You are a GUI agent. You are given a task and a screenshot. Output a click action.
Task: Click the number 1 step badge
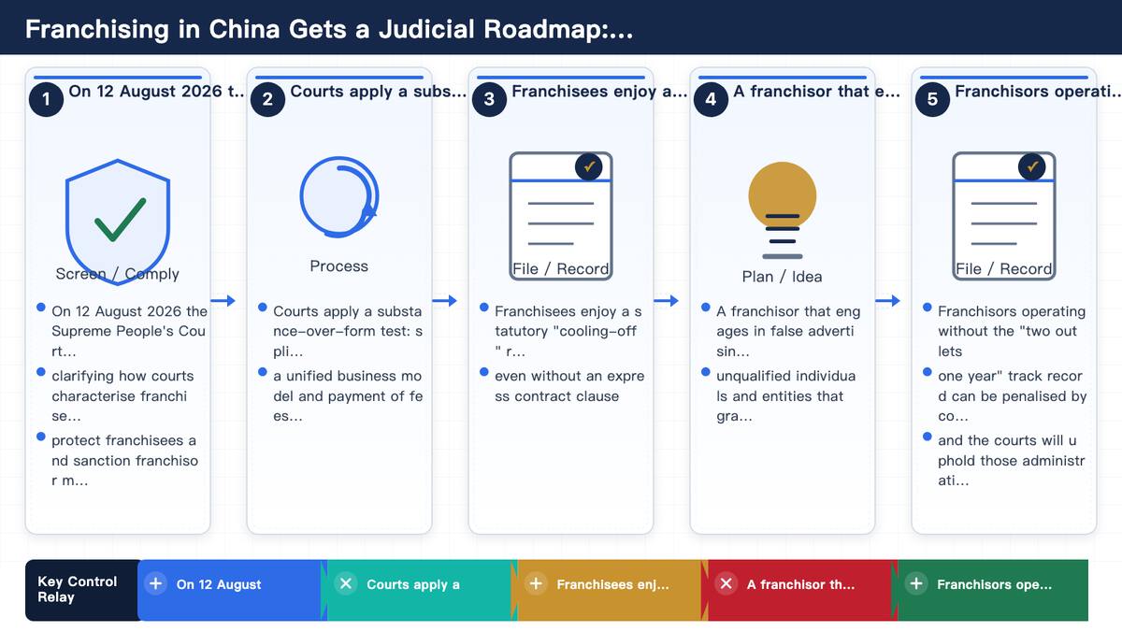click(x=46, y=99)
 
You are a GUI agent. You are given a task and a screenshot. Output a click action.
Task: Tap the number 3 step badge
click(x=489, y=99)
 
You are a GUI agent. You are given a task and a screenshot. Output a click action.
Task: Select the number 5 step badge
click(x=932, y=99)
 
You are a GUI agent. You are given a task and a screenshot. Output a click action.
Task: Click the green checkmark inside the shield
click(x=121, y=220)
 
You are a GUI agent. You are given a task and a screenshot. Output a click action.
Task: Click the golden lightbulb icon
click(x=782, y=210)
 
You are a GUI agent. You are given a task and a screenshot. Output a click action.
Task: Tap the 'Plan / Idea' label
click(x=782, y=277)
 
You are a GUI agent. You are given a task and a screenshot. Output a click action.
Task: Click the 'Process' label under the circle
click(x=338, y=265)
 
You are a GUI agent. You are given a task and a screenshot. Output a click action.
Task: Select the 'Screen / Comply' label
click(x=117, y=274)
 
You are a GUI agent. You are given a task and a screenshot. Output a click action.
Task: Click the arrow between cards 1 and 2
click(x=223, y=300)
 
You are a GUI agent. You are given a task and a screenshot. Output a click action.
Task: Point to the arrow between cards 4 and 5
click(x=887, y=300)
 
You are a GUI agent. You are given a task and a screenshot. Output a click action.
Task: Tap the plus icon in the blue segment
click(x=155, y=584)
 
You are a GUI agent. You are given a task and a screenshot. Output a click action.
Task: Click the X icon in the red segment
click(x=726, y=584)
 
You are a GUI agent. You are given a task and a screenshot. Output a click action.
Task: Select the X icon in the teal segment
click(x=346, y=584)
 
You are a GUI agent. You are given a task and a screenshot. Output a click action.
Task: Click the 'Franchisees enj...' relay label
click(x=612, y=584)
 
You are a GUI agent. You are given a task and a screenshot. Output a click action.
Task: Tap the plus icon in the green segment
click(x=916, y=584)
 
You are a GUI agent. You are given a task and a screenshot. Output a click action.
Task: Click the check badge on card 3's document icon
click(x=588, y=166)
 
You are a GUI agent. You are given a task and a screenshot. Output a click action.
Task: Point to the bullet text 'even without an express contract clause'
click(x=569, y=386)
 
